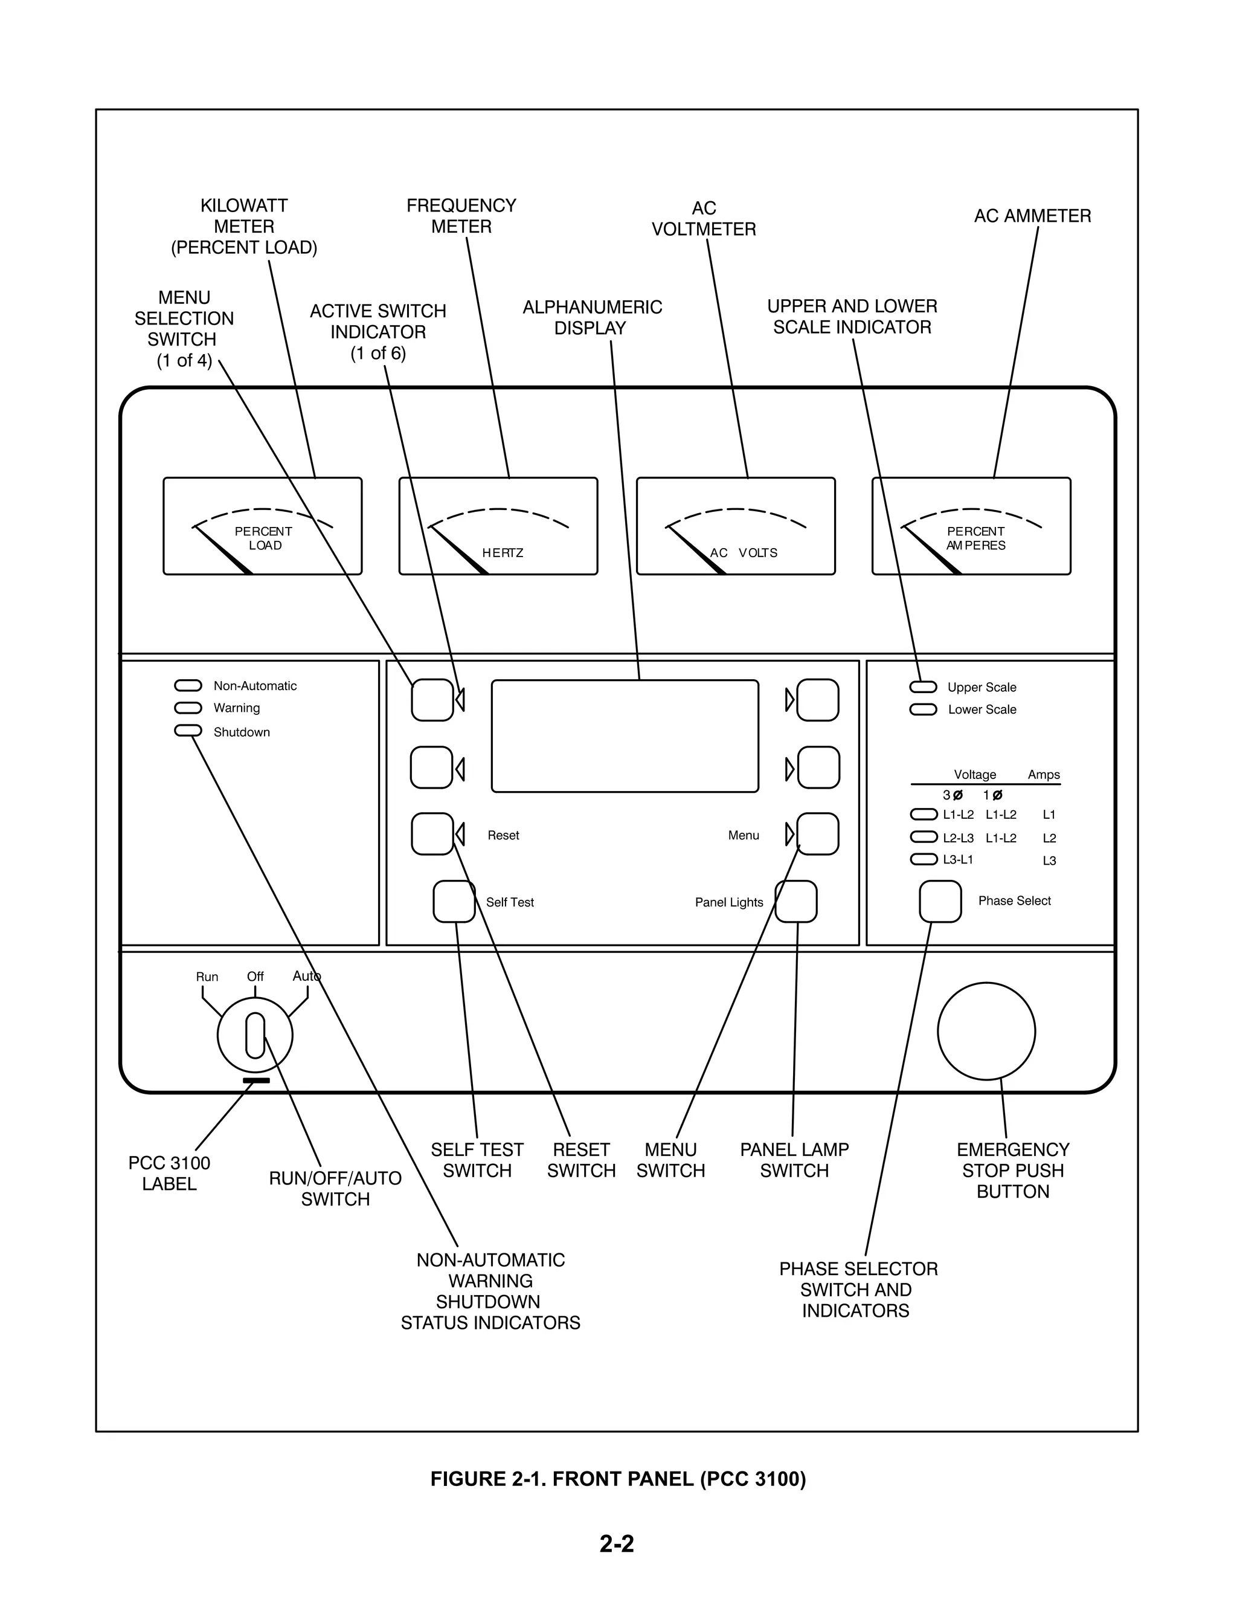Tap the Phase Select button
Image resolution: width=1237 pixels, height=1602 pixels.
940,902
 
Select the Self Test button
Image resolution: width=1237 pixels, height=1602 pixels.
454,902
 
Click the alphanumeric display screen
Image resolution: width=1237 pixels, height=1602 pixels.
625,735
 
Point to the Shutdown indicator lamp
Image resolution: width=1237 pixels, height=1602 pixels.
188,731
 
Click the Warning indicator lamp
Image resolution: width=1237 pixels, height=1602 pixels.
188,708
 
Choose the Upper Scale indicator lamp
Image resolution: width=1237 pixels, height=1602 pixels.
923,686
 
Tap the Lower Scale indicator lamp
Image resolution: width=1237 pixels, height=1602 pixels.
923,709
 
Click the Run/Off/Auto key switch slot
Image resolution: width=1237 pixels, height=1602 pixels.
255,1035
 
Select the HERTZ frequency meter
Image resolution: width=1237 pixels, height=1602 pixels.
498,526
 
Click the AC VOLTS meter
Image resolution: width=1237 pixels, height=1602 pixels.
736,526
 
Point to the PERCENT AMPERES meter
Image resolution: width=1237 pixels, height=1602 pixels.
971,526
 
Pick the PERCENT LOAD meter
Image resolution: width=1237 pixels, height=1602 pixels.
263,526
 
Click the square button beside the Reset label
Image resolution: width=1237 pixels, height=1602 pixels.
432,834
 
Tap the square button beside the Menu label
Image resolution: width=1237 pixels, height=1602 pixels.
818,834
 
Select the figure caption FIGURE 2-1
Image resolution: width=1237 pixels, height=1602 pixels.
618,1479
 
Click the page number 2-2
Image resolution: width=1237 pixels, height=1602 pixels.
617,1544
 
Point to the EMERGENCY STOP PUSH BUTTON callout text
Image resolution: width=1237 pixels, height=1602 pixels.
1013,1171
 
